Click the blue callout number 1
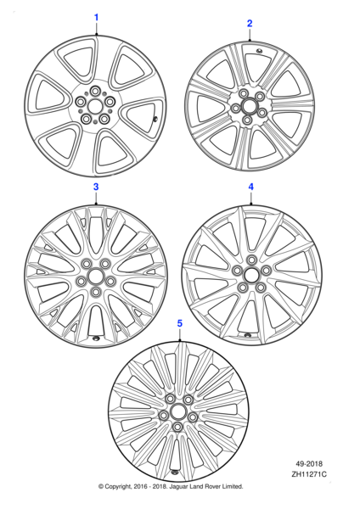(x=96, y=17)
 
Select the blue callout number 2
(x=250, y=23)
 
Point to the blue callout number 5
(x=179, y=324)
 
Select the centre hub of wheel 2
(x=248, y=105)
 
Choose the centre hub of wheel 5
(x=178, y=410)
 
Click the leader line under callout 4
(x=251, y=199)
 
